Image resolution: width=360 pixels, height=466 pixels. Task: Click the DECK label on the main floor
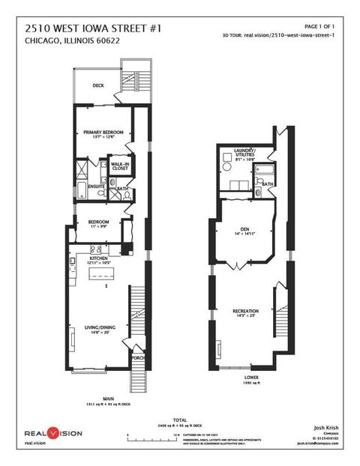tap(97, 85)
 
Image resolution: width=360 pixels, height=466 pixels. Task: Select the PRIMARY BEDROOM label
tap(102, 132)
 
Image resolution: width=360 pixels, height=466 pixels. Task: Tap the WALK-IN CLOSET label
tap(119, 166)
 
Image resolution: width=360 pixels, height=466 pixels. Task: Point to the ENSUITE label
tap(95, 186)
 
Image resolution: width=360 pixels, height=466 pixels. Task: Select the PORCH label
tap(137, 358)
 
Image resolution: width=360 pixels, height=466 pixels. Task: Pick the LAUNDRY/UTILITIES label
tap(244, 154)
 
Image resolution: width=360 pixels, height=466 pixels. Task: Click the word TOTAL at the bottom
tap(179, 420)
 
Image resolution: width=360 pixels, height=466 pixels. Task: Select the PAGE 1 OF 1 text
tap(323, 26)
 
